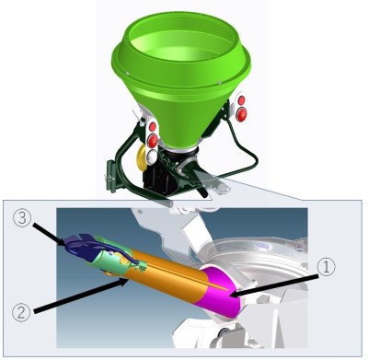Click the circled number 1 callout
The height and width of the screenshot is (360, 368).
(x=327, y=267)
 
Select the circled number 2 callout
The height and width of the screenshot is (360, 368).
(x=21, y=312)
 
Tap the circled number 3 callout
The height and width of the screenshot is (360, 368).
(x=22, y=219)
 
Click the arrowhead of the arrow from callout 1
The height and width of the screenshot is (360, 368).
(x=233, y=296)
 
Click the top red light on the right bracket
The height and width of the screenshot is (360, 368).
(x=242, y=100)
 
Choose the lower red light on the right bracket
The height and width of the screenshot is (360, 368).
(x=242, y=114)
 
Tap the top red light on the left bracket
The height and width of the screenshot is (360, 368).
(x=153, y=126)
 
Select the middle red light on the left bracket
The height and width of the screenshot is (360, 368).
(x=152, y=141)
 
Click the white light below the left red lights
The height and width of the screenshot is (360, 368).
(x=151, y=157)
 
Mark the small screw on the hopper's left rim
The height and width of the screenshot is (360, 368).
(x=127, y=73)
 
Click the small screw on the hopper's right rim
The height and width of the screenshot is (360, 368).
(x=220, y=82)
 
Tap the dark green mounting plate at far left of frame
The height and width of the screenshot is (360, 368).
(x=111, y=176)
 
